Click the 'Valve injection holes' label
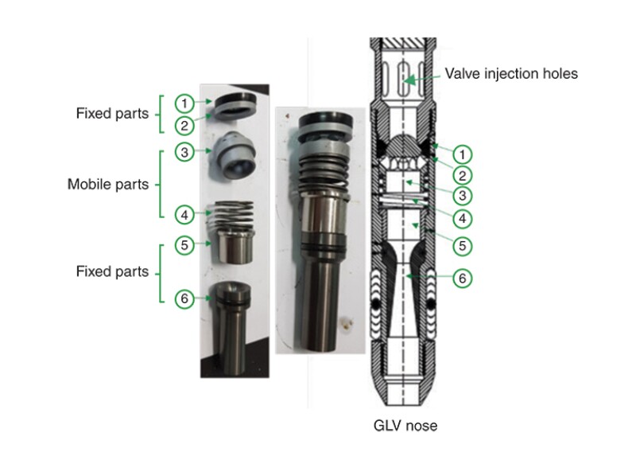tap(511, 74)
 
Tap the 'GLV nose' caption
tap(405, 426)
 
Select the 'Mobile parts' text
tap(108, 184)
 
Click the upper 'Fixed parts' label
tap(112, 113)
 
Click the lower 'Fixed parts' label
tap(112, 271)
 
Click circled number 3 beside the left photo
tap(184, 151)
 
